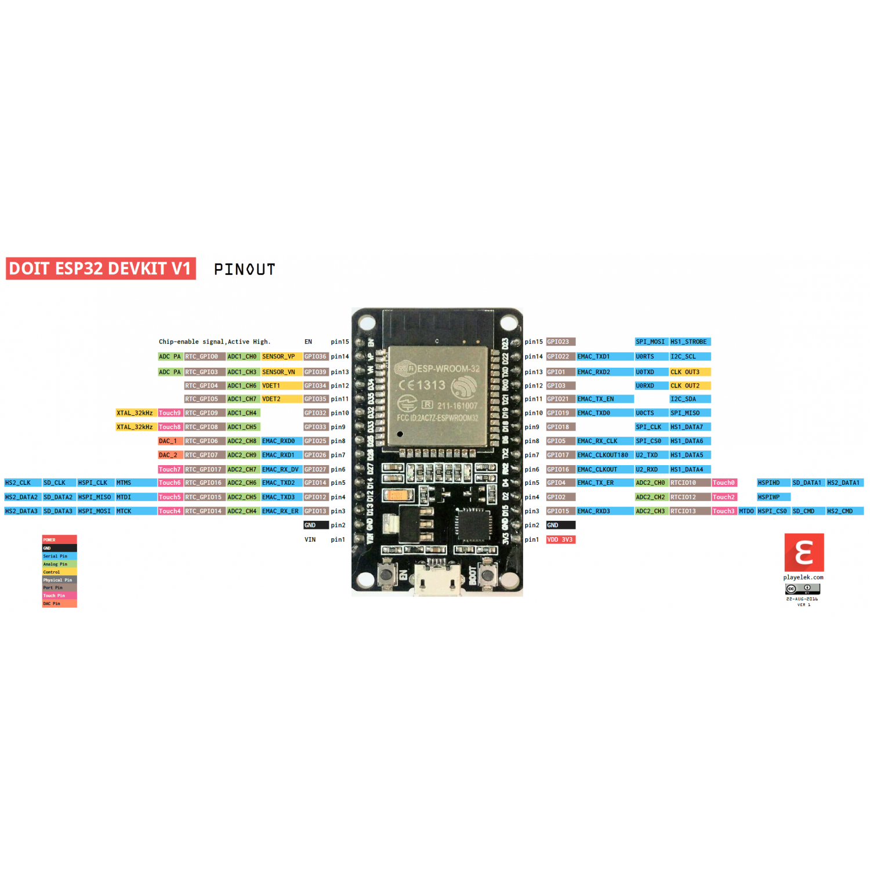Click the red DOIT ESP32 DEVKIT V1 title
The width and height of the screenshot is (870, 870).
[100, 269]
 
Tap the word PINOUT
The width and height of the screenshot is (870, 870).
[244, 270]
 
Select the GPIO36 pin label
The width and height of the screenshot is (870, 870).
[316, 357]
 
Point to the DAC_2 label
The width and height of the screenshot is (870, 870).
[169, 455]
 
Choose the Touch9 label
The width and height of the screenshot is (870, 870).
[170, 413]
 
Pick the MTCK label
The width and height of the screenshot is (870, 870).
[124, 512]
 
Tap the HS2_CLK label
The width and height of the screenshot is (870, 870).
[18, 483]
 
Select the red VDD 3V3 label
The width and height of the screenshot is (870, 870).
[560, 540]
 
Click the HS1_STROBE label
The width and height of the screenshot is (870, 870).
[689, 342]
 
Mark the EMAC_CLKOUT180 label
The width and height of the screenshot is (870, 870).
[603, 455]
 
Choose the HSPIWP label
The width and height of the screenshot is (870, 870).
[769, 497]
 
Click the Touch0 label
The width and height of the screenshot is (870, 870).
[724, 483]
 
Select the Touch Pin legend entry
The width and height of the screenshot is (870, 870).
[59, 596]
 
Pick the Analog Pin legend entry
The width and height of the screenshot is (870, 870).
[59, 564]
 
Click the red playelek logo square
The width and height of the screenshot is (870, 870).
[804, 553]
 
